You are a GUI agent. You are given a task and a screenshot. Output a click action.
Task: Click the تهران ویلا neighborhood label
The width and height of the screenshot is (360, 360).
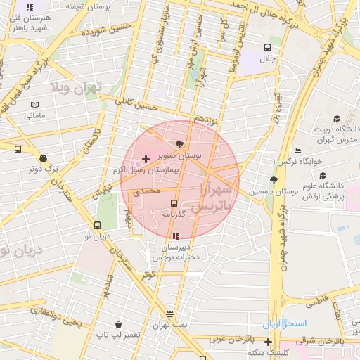pyautogui.click(x=75, y=87)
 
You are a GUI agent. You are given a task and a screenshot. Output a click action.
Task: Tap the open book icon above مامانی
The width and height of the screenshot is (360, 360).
pyautogui.click(x=34, y=105)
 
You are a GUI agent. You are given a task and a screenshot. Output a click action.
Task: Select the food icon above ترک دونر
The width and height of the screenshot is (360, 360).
pyautogui.click(x=44, y=158)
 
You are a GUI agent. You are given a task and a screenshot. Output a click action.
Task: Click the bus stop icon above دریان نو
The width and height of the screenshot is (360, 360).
pyautogui.click(x=97, y=226)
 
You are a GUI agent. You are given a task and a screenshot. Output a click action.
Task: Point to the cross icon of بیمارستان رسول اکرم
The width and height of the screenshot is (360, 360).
pyautogui.click(x=146, y=160)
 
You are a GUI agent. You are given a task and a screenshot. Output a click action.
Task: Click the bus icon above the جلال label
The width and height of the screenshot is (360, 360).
pyautogui.click(x=266, y=48)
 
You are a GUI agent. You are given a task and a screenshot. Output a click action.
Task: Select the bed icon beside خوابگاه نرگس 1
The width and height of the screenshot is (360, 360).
pyautogui.click(x=298, y=151)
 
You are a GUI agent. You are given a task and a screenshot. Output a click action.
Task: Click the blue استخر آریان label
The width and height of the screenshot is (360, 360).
pyautogui.click(x=285, y=324)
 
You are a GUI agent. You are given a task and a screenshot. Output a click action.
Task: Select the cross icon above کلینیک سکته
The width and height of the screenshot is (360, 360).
pyautogui.click(x=268, y=342)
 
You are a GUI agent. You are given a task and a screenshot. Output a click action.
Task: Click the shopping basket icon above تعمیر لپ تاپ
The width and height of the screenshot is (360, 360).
pyautogui.click(x=118, y=325)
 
